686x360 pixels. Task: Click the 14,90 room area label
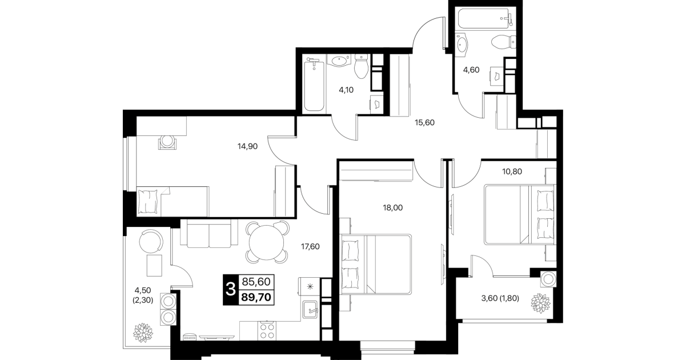click(x=247, y=146)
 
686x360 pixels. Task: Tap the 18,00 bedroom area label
click(x=392, y=208)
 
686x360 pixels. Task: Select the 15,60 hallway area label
click(x=424, y=122)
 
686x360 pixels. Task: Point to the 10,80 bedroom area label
click(x=512, y=171)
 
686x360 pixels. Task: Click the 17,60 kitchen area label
click(x=310, y=246)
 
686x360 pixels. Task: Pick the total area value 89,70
click(x=256, y=297)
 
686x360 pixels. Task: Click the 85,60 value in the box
click(x=256, y=282)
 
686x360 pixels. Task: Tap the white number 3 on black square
click(x=230, y=289)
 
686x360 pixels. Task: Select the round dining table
click(x=266, y=243)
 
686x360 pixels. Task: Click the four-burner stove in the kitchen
click(x=267, y=331)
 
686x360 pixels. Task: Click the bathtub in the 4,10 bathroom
click(x=314, y=86)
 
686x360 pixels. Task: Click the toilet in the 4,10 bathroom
click(x=362, y=66)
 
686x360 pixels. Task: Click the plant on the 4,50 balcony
click(x=143, y=333)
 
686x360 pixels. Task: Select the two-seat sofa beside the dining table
click(x=209, y=234)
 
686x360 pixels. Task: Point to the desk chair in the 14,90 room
click(x=167, y=142)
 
